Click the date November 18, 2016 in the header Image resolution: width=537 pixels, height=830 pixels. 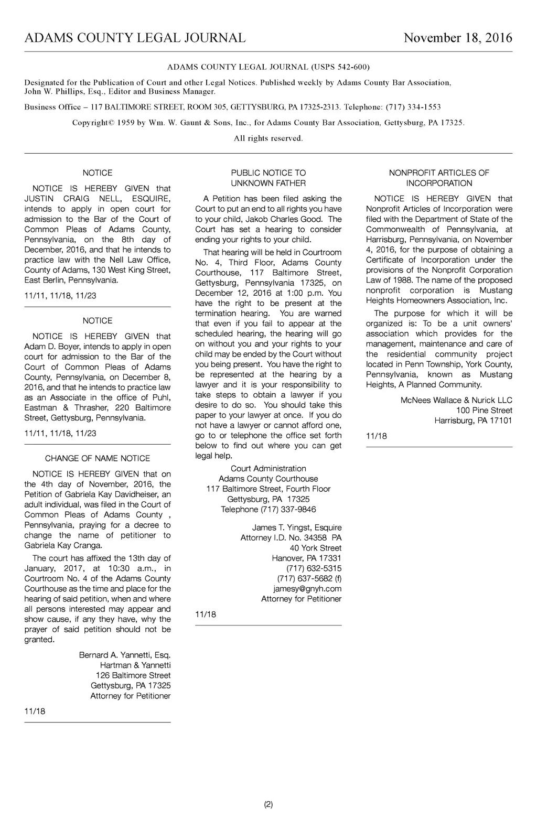coord(458,38)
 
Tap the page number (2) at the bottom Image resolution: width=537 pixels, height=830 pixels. coord(268,804)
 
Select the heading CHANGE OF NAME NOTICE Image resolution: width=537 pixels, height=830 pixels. coord(98,458)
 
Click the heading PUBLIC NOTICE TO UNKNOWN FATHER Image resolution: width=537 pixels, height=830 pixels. coord(268,178)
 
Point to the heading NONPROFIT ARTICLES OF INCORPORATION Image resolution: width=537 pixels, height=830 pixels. coord(439,178)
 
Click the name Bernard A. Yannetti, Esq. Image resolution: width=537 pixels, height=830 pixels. coord(125,655)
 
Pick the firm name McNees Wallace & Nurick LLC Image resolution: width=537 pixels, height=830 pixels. coord(456,400)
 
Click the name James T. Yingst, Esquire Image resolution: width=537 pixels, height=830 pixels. coord(297,527)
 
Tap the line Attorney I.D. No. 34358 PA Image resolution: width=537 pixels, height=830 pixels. coord(291,538)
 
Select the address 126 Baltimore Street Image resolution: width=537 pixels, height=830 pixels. coord(133,675)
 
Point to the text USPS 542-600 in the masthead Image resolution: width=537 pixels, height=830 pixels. coord(341,67)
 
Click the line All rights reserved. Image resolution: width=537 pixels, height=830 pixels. coord(268,138)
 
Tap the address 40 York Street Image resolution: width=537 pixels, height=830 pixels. coord(315,548)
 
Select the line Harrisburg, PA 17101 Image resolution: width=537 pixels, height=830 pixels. coord(473,421)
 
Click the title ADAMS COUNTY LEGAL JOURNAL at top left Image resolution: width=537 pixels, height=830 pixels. coord(135,38)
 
